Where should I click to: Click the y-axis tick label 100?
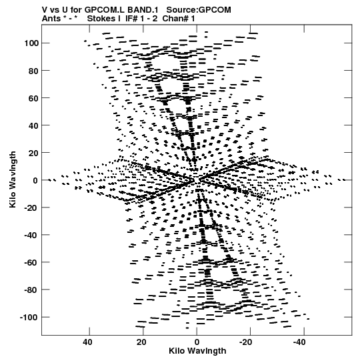point(31,43)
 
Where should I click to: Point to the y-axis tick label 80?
point(33,71)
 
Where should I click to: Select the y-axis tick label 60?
point(33,98)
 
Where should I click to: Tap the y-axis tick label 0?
point(35,180)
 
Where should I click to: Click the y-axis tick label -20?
point(31,208)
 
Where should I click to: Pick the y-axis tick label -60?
point(31,263)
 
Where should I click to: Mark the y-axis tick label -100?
point(29,318)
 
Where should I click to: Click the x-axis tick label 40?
point(87,342)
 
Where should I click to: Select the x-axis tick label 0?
point(197,342)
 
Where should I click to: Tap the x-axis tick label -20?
point(246,342)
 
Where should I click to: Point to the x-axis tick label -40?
point(299,342)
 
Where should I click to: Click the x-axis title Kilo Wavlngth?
point(197,351)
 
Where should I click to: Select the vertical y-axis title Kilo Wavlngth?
point(13,179)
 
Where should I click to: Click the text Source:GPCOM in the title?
point(199,10)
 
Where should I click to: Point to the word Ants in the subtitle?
point(51,19)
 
